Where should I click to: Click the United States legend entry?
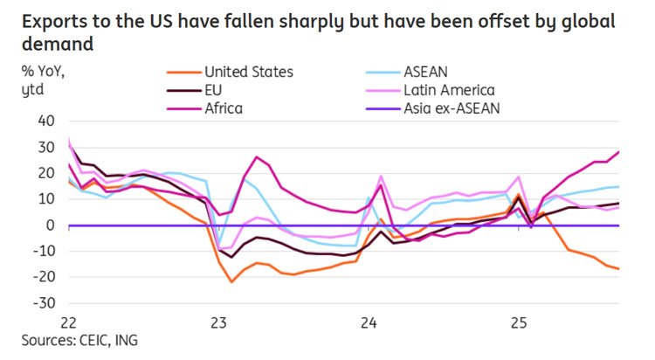(247, 72)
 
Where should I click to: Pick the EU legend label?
(211, 90)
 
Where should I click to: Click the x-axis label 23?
(219, 322)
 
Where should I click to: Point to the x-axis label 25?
(519, 322)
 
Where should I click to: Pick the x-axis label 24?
(369, 322)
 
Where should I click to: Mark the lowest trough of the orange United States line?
(231, 281)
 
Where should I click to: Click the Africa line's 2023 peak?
(257, 157)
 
